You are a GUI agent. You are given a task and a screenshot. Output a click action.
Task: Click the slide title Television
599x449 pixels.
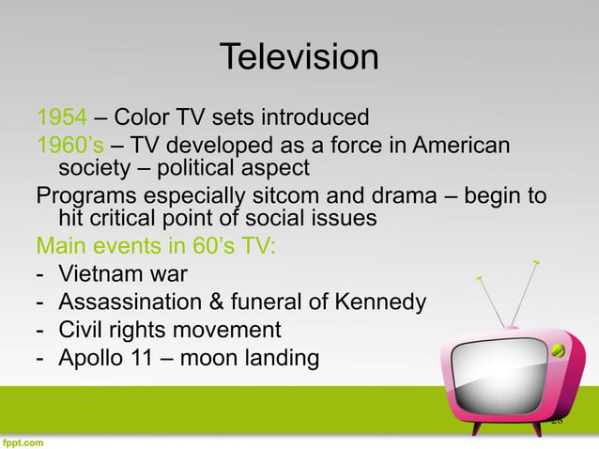(x=299, y=58)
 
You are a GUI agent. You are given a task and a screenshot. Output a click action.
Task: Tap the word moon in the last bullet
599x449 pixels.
(x=220, y=357)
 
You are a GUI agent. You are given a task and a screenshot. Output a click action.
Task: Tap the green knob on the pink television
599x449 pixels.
(x=559, y=350)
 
